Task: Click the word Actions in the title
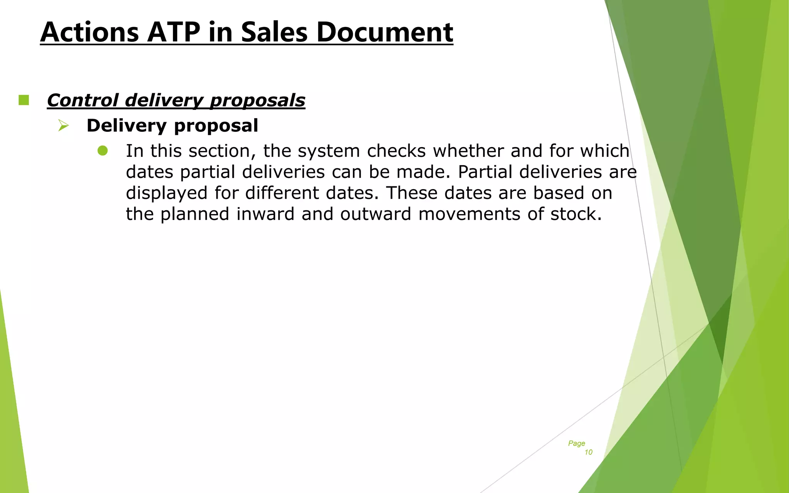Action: (89, 32)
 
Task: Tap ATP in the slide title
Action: (173, 32)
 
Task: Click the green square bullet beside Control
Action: (24, 100)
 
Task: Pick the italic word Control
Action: (82, 101)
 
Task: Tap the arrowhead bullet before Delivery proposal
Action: (63, 126)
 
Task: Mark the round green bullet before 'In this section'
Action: (103, 151)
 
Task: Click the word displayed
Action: (166, 193)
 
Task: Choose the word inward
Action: (265, 214)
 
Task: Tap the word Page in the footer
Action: (576, 443)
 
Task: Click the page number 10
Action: (588, 452)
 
